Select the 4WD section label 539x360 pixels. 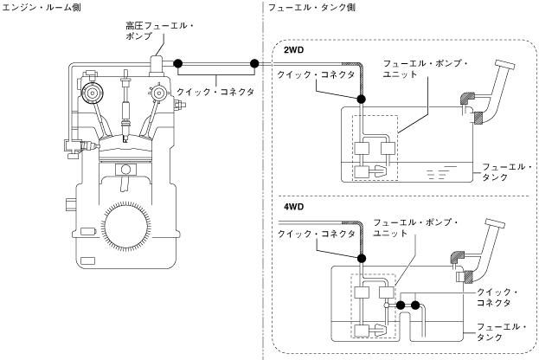pyautogui.click(x=293, y=209)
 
